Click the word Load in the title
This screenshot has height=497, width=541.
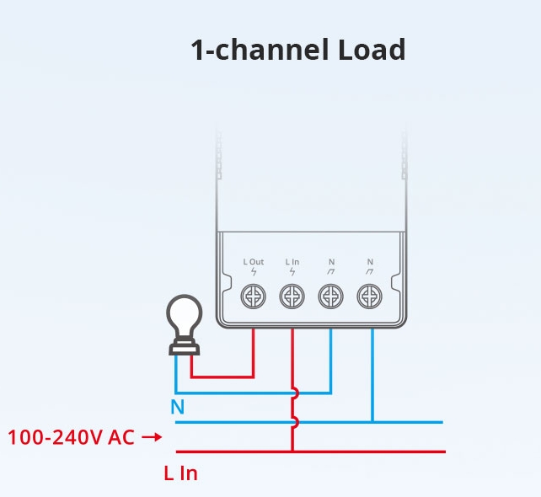372,50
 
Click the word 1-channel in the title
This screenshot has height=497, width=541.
260,50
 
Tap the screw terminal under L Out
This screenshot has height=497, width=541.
254,297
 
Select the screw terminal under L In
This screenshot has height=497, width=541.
292,297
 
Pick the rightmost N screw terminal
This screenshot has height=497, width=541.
370,297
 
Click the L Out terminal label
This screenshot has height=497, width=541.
254,262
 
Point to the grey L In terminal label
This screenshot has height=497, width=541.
292,262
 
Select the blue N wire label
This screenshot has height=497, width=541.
178,407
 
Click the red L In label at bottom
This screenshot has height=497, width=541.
181,473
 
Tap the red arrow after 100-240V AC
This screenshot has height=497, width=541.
152,437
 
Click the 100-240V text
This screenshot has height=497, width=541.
56,437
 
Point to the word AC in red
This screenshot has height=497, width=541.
121,437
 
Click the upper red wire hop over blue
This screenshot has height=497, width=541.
295,393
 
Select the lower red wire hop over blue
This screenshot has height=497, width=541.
295,422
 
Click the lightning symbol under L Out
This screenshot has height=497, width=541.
254,272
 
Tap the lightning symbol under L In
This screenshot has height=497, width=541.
292,272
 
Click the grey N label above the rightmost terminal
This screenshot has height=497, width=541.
370,262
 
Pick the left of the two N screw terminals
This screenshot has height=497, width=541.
330,297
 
